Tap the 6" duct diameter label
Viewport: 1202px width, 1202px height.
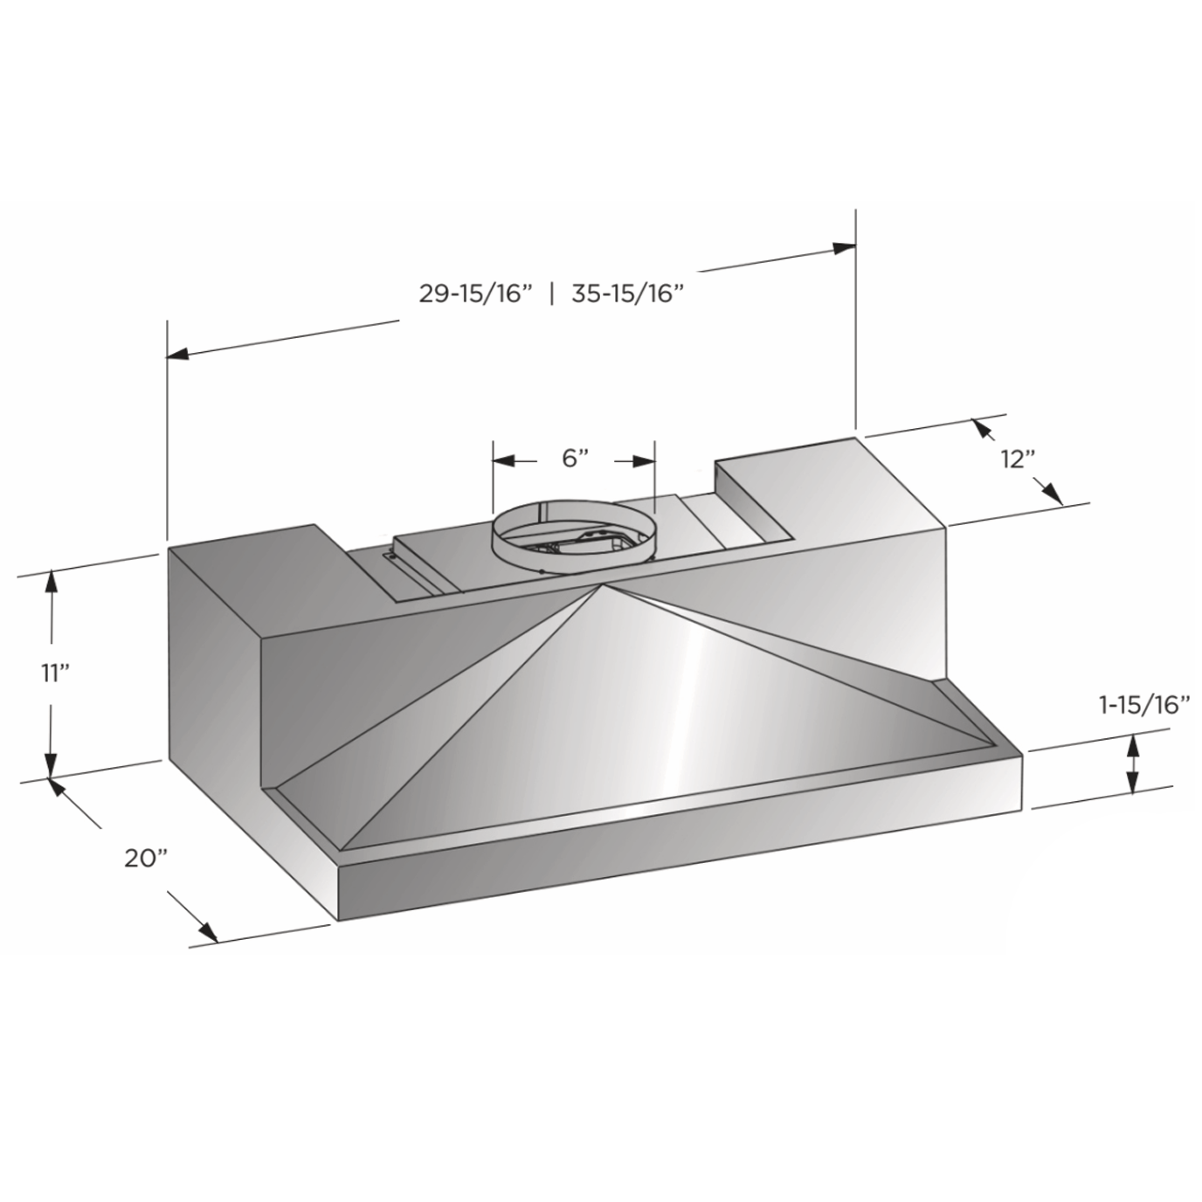click(x=575, y=458)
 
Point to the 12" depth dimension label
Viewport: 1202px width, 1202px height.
click(x=1018, y=459)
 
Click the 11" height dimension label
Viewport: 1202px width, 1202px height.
click(x=54, y=674)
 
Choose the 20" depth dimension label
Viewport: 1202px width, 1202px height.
click(x=147, y=858)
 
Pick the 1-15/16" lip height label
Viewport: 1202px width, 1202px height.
click(x=1144, y=705)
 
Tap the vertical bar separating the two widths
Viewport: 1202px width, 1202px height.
click(x=551, y=294)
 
